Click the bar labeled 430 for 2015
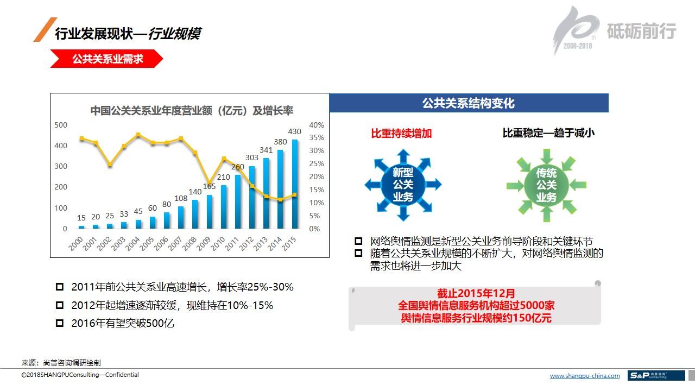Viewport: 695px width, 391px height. click(295, 185)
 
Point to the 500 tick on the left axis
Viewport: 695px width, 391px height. click(61, 125)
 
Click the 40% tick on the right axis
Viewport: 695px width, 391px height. click(316, 125)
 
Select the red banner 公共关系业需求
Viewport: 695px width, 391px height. click(108, 59)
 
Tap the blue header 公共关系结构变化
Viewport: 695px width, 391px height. click(469, 103)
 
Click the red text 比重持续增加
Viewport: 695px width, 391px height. click(401, 133)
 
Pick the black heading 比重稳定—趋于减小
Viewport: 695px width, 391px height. click(548, 133)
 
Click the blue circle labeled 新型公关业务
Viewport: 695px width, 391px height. click(403, 185)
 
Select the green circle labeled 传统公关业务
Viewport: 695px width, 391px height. click(546, 185)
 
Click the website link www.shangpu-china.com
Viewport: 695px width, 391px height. click(585, 376)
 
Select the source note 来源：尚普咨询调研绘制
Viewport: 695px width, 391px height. click(61, 363)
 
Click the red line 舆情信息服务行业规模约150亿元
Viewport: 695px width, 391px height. click(476, 318)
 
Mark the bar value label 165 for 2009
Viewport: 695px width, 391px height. click(209, 187)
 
